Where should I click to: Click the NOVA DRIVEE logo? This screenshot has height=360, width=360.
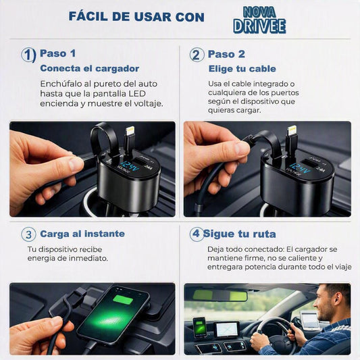point(259,20)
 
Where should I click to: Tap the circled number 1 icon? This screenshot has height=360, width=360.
point(28,55)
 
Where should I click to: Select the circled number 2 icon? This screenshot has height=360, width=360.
point(197,55)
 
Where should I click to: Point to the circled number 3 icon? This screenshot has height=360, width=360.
point(28,234)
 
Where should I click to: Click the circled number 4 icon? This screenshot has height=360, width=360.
point(197,234)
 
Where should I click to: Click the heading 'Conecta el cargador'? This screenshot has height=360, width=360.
point(90,68)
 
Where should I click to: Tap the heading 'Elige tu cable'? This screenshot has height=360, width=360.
point(242,69)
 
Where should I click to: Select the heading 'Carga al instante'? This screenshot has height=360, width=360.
point(82,234)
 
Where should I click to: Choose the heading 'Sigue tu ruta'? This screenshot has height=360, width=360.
point(240,234)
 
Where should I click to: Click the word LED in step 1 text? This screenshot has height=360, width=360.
point(137,94)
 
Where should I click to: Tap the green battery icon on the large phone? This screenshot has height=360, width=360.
point(124,300)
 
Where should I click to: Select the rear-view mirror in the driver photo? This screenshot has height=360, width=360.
point(220,295)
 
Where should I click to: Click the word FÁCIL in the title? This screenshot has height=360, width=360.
point(88,16)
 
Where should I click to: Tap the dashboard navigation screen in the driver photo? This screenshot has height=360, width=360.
point(227,330)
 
